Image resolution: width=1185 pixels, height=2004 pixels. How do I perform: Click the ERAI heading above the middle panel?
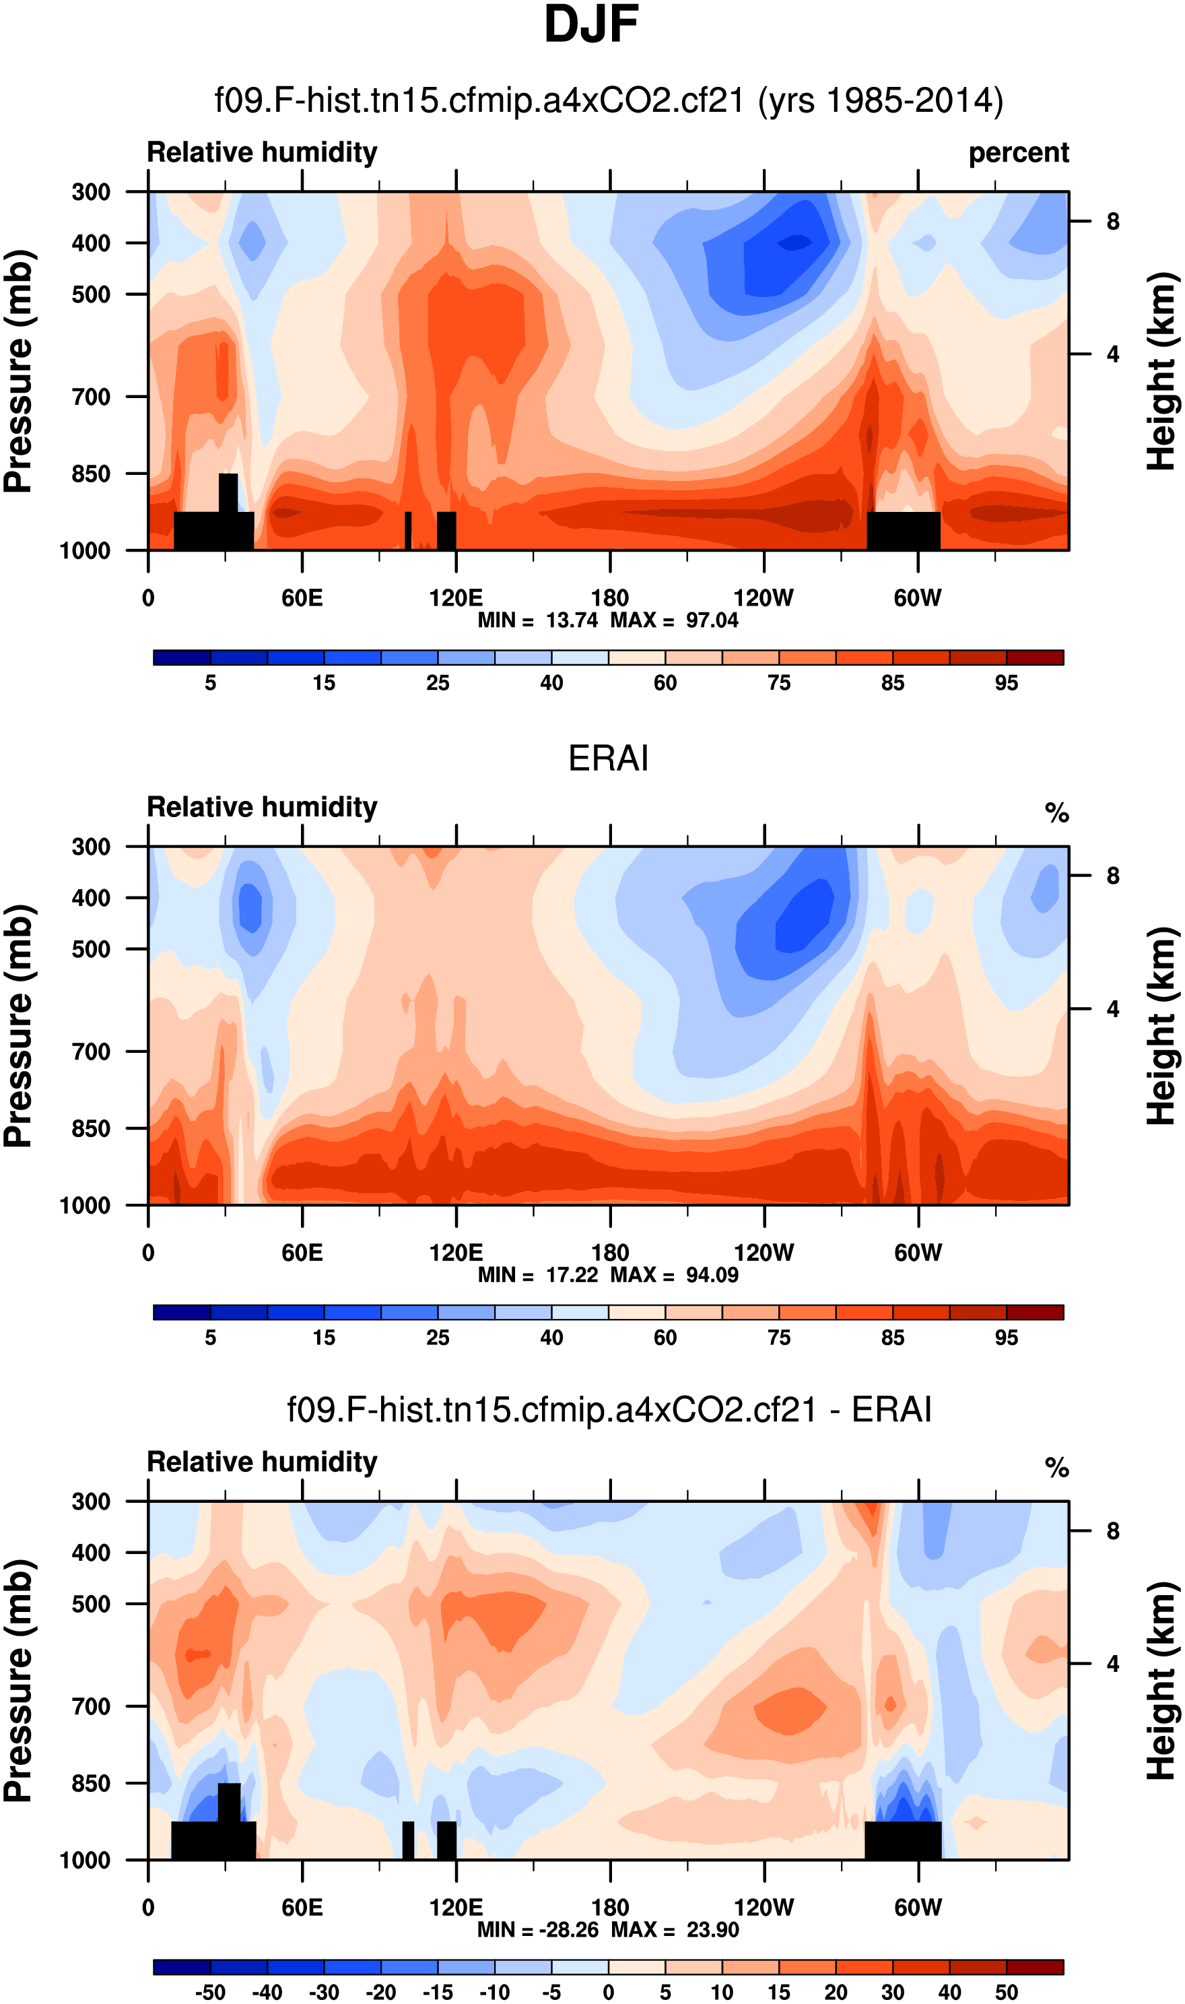608,758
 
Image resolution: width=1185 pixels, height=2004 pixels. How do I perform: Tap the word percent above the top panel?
1018,152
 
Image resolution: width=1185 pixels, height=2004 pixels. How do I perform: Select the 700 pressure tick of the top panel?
91,397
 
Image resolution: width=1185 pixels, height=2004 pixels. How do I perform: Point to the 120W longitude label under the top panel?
764,598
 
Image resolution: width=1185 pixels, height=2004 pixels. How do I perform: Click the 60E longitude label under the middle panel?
302,1252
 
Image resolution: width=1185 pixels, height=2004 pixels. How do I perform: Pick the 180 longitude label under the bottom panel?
610,1908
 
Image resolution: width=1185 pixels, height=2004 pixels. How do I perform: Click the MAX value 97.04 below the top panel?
712,620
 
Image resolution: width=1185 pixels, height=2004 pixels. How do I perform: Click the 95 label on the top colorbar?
1006,683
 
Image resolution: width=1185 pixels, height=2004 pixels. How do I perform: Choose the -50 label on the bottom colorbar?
210,1992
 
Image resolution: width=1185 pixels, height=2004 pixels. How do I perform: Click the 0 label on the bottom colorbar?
609,1992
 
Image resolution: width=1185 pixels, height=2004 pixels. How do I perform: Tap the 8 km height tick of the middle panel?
1112,876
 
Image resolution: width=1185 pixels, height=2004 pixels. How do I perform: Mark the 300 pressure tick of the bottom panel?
91,1501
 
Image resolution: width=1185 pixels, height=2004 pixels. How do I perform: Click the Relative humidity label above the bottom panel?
262,1462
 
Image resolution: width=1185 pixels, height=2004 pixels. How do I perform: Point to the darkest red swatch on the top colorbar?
1035,658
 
